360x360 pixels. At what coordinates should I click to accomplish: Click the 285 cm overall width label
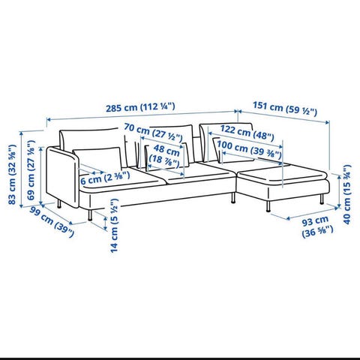coord(140,107)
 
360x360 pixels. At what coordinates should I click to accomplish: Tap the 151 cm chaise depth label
coord(285,108)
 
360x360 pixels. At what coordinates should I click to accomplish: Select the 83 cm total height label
coord(12,175)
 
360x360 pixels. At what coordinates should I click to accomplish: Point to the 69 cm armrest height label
coord(31,170)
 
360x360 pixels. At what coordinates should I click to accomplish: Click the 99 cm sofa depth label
coord(52,222)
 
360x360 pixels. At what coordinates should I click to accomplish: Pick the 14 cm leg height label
coord(114,225)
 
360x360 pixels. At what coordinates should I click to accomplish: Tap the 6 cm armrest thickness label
coord(105,178)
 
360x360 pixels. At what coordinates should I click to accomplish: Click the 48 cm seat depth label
coord(164,155)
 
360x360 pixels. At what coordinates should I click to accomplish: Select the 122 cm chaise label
coord(247,133)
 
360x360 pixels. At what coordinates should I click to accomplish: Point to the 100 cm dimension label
coord(249,149)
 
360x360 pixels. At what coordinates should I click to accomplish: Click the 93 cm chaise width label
coord(317,227)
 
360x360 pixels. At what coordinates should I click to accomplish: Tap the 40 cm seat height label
coord(347,194)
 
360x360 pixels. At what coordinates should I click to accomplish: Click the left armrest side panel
coord(62,177)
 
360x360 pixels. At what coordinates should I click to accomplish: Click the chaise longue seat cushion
coord(282,174)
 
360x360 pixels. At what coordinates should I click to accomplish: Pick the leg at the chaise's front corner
coord(268,207)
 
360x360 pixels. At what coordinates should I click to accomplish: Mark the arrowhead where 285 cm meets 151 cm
coord(235,111)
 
